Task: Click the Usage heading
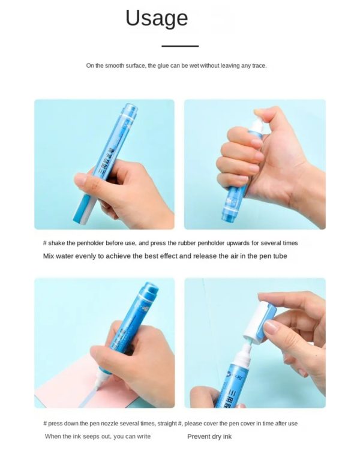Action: tap(157, 19)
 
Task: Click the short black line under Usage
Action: tap(180, 46)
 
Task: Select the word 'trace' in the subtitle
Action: tap(259, 65)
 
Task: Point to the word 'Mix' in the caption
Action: tap(48, 256)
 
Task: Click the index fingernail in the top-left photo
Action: tap(80, 179)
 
